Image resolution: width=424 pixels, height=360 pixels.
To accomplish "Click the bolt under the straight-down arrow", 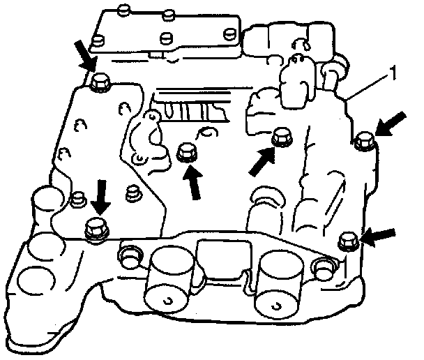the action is click(95, 227).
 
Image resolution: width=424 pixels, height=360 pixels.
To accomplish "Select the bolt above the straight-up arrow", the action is click(186, 151).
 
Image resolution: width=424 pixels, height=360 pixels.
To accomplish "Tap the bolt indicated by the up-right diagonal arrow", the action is click(281, 137).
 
